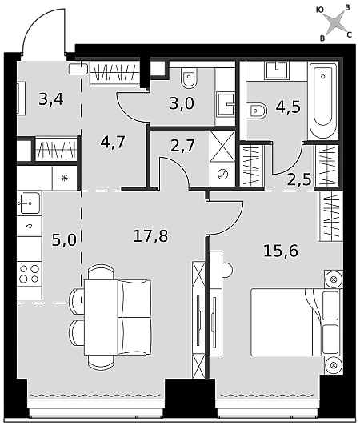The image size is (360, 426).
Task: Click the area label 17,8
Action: (150, 235)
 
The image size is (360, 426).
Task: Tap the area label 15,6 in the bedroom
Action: (281, 251)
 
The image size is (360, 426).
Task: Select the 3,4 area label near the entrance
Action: (51, 99)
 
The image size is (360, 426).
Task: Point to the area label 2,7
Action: (182, 146)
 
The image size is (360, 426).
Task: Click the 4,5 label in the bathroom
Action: (288, 106)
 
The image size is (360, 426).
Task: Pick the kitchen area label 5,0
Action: (64, 240)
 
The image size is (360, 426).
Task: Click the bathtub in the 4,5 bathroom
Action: (323, 101)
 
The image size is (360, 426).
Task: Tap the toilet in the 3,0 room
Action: (190, 78)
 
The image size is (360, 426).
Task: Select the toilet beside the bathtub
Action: (257, 111)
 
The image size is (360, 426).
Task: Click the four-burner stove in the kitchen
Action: (30, 274)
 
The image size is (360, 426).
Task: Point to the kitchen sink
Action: (29, 203)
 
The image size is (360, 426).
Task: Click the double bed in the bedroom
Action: (296, 322)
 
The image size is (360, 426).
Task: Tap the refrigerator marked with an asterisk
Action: (65, 179)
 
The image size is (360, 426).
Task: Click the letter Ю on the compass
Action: (320, 10)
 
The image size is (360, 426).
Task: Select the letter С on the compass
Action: (350, 34)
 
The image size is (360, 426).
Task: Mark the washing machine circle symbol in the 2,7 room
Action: (223, 174)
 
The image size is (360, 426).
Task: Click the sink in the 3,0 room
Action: (226, 104)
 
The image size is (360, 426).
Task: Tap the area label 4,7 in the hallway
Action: (113, 142)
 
